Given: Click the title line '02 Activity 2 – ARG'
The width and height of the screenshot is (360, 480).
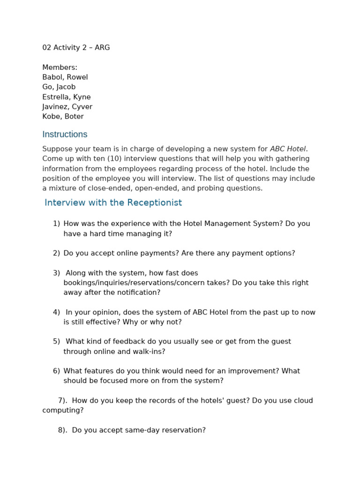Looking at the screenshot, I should pyautogui.click(x=76, y=48).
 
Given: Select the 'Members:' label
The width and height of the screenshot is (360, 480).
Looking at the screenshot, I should pyautogui.click(x=60, y=67).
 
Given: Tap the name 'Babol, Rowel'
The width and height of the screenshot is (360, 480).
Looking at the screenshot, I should pyautogui.click(x=65, y=77).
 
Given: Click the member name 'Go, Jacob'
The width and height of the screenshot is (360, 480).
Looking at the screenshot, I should pyautogui.click(x=59, y=87).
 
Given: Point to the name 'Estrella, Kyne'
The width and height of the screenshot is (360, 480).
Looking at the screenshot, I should pyautogui.click(x=66, y=97).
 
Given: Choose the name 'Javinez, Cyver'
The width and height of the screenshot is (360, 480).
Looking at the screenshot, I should pyautogui.click(x=67, y=107).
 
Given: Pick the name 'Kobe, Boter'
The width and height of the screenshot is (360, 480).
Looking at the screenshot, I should pyautogui.click(x=63, y=117).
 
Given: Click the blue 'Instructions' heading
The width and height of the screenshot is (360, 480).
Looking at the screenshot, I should pyautogui.click(x=65, y=135).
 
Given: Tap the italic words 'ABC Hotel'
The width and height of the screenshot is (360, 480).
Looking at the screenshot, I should pyautogui.click(x=288, y=149).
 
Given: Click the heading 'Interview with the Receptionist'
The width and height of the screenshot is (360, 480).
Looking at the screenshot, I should pyautogui.click(x=113, y=203).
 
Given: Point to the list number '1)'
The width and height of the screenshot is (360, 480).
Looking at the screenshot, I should pyautogui.click(x=56, y=224).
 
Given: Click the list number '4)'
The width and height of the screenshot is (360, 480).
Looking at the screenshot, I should pyautogui.click(x=56, y=313).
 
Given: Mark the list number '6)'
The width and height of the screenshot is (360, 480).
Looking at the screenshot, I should pyautogui.click(x=56, y=371).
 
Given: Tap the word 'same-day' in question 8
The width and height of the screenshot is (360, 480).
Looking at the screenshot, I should pyautogui.click(x=141, y=430).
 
